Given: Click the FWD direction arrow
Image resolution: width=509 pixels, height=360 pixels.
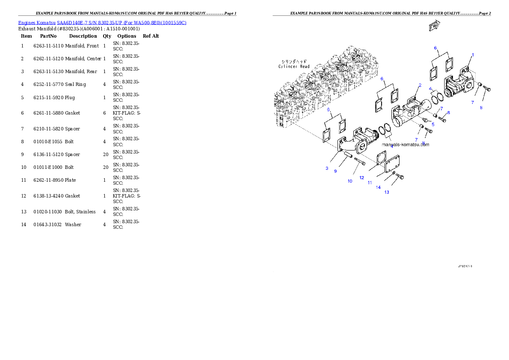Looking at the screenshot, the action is [x=435, y=26].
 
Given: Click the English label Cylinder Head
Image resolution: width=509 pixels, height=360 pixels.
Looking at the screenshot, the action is [x=294, y=66].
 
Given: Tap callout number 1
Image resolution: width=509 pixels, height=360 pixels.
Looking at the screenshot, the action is [x=473, y=55].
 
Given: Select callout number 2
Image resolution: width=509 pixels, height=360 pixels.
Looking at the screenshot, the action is [x=420, y=85].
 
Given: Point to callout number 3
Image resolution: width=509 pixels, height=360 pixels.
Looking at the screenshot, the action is [x=327, y=168].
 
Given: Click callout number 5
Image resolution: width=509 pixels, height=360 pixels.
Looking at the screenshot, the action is [x=433, y=124].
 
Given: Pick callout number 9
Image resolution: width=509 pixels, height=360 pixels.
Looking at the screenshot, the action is [x=335, y=171].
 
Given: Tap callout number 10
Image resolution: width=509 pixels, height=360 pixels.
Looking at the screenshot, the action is [x=349, y=181].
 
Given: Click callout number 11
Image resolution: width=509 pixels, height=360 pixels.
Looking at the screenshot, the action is [x=370, y=183].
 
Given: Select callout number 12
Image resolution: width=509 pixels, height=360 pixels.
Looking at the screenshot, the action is [x=361, y=177].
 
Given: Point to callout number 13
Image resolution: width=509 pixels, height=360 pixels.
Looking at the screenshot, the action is [x=386, y=192].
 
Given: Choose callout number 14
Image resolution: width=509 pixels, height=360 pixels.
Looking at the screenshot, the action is [x=378, y=187].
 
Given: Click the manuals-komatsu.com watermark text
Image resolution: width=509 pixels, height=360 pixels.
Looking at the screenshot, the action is [x=405, y=145].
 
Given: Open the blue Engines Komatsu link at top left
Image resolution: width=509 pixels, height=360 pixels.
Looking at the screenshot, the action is [x=102, y=22].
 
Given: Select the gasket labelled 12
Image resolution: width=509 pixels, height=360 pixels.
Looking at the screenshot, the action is [x=379, y=159].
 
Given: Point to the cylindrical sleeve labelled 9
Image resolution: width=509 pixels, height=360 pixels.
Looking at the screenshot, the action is [x=347, y=155].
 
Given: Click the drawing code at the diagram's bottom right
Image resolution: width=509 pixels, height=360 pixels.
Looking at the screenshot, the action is [x=465, y=266].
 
